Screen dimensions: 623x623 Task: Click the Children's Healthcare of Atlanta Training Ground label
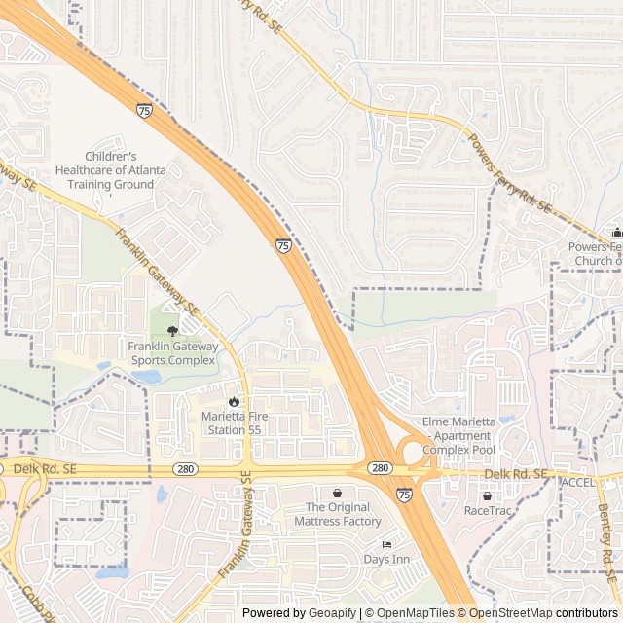[125, 169]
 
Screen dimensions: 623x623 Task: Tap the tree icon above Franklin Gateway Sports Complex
[173, 330]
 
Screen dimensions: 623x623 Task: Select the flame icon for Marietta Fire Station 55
[233, 400]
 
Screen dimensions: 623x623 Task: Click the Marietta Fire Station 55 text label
[232, 422]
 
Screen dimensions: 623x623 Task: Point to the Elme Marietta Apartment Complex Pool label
[458, 435]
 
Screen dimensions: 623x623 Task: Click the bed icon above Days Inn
[386, 544]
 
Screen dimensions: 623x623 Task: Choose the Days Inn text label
[386, 559]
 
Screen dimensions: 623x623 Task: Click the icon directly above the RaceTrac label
[487, 495]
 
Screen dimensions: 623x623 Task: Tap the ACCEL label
[577, 482]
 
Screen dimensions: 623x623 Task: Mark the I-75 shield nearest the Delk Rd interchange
[404, 495]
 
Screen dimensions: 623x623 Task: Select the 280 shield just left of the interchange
[381, 469]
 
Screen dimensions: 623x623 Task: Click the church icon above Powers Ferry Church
[616, 233]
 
